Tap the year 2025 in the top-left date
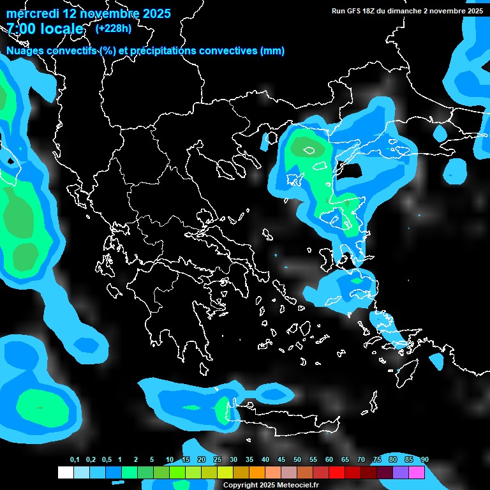(x=153, y=13)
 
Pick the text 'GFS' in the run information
(x=355, y=11)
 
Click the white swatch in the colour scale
(x=66, y=473)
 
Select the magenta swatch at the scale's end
(x=417, y=473)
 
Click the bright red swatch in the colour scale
(x=337, y=473)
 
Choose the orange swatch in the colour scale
(x=257, y=473)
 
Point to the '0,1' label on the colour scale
(x=75, y=460)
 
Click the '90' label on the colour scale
(x=425, y=460)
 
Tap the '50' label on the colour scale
(x=297, y=460)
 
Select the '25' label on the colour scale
(x=218, y=460)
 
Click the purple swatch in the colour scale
(x=401, y=473)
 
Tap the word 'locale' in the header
(x=61, y=29)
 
